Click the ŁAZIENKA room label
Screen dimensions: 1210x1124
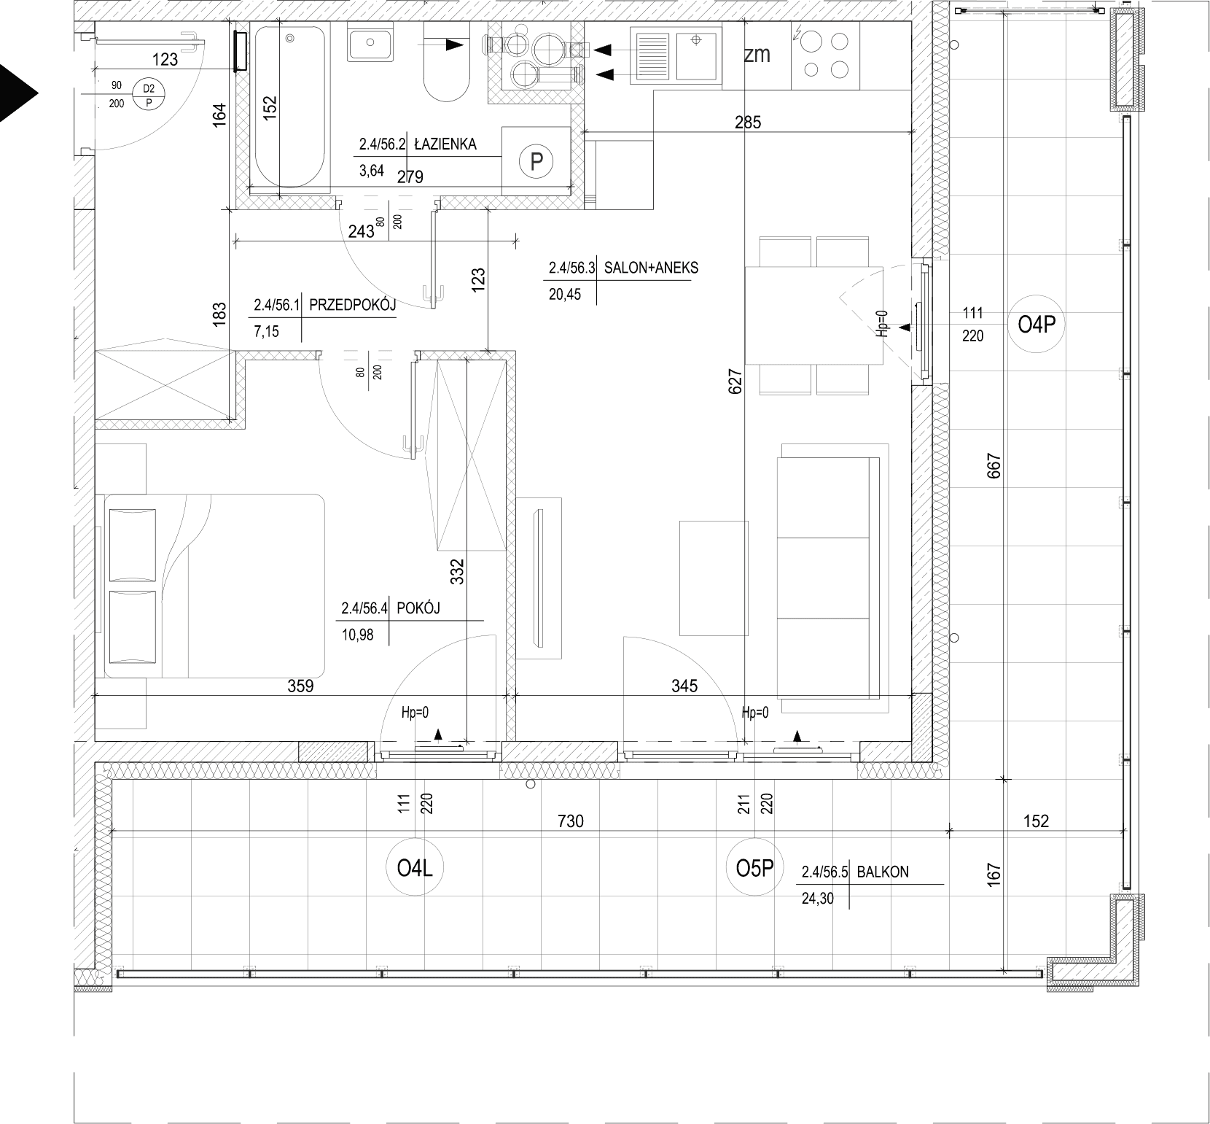(445, 144)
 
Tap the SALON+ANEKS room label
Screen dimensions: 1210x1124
(651, 268)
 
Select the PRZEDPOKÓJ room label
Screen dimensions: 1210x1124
(353, 306)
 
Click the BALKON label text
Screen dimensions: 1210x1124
(883, 872)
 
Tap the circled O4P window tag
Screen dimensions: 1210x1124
(1037, 325)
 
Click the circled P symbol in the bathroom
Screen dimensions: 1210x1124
(536, 161)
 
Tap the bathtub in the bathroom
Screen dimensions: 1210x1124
(289, 106)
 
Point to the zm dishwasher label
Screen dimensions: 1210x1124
(757, 55)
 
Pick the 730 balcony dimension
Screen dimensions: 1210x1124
(571, 821)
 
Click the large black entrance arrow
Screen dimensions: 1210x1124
(17, 92)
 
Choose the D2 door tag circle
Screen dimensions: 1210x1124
(149, 96)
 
